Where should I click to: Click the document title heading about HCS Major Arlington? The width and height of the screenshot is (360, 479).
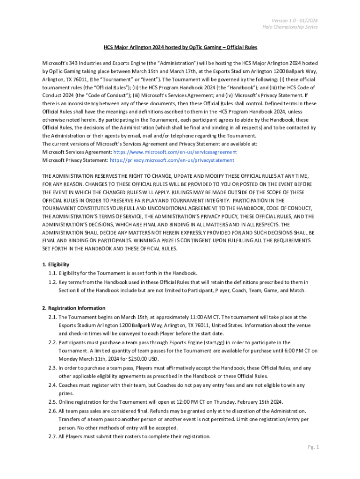click(180, 47)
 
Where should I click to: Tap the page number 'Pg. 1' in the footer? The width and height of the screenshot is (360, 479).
click(313, 447)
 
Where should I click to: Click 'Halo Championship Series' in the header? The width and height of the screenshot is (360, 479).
click(290, 27)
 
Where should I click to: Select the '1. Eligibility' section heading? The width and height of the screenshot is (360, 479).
click(56, 265)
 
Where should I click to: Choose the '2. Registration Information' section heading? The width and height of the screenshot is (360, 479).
click(73, 308)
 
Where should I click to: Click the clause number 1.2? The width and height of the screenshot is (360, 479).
click(52, 282)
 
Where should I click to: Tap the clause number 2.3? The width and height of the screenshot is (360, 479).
click(52, 368)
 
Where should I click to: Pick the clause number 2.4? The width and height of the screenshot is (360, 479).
click(52, 385)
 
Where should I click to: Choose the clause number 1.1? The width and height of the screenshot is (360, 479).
click(52, 273)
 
